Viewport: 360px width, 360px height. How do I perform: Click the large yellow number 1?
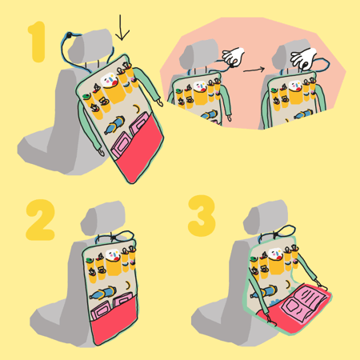pyautogui.click(x=38, y=42)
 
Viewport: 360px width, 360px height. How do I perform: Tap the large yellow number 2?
pyautogui.click(x=41, y=220)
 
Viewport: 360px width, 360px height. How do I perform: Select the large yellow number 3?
pyautogui.click(x=202, y=215)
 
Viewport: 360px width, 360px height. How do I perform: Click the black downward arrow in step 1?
pyautogui.click(x=122, y=27)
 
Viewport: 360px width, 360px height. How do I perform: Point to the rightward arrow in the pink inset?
pyautogui.click(x=254, y=70)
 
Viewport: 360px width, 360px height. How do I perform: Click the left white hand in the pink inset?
pyautogui.click(x=234, y=57)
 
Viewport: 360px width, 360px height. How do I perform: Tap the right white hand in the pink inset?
pyautogui.click(x=303, y=58)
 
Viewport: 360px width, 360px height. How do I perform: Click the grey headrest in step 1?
pyautogui.click(x=90, y=46)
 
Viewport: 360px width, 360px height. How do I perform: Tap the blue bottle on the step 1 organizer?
pyautogui.click(x=114, y=125)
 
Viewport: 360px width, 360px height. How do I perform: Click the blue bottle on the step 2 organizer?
pyautogui.click(x=102, y=293)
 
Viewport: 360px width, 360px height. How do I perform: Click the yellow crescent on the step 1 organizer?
pyautogui.click(x=137, y=109)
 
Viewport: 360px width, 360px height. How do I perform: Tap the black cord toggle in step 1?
pyautogui.click(x=70, y=35)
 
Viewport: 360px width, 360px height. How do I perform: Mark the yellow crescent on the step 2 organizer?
pyautogui.click(x=128, y=286)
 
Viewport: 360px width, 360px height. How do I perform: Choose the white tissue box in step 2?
pyautogui.click(x=113, y=254)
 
